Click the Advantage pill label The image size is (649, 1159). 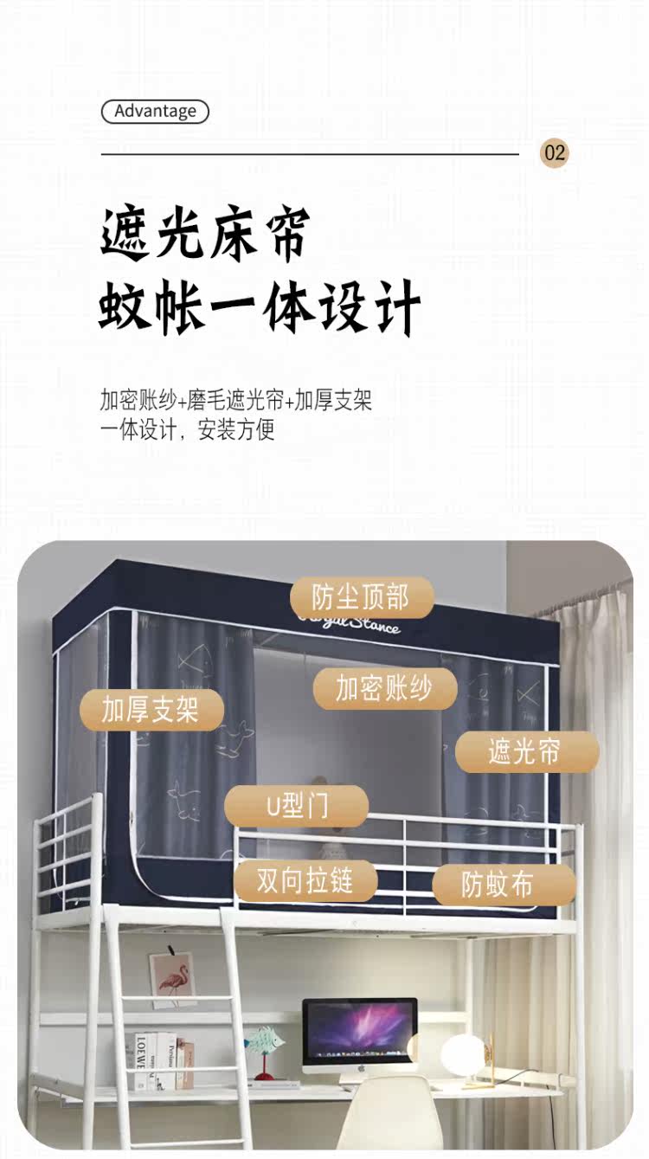(155, 112)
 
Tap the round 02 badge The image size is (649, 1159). (555, 153)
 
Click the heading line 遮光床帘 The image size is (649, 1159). (205, 233)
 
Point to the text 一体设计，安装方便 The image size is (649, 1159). (187, 429)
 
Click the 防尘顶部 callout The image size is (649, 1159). (361, 597)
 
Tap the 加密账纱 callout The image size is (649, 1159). (384, 689)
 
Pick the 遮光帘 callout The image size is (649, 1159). (525, 751)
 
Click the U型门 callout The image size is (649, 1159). (297, 807)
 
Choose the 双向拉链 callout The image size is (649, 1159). (305, 881)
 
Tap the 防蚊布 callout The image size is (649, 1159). (498, 885)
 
